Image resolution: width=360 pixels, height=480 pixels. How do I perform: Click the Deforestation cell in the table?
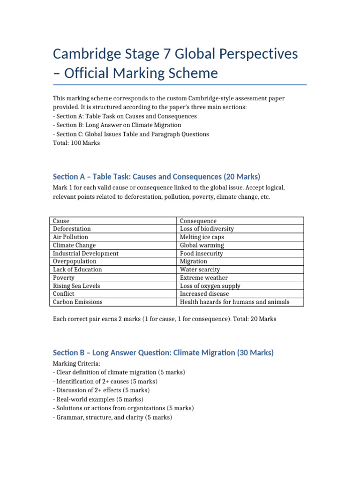point(72,229)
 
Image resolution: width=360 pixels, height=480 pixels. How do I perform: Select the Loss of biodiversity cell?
point(207,229)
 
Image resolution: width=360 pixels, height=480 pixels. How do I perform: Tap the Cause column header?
point(61,221)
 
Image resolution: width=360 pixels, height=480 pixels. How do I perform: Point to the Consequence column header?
point(198,221)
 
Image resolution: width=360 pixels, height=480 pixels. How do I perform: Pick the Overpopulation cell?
point(75,261)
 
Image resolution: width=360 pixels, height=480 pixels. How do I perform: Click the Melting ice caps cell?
point(202,237)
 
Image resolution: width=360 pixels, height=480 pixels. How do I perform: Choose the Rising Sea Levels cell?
point(76,286)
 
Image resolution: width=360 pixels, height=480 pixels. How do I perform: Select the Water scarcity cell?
point(200,270)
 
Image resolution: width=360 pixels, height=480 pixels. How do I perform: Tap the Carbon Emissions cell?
point(77,302)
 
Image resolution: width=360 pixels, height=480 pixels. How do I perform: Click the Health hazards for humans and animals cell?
point(234,302)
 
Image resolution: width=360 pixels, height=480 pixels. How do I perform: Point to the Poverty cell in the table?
point(64,277)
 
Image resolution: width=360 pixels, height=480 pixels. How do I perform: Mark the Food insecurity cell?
point(202,253)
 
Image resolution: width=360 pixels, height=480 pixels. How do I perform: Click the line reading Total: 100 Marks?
point(76,142)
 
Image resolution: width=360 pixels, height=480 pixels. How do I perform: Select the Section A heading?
point(157,177)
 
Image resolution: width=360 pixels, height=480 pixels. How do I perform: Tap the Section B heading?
point(163,352)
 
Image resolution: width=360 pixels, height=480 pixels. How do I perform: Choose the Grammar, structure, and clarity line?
point(112,417)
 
